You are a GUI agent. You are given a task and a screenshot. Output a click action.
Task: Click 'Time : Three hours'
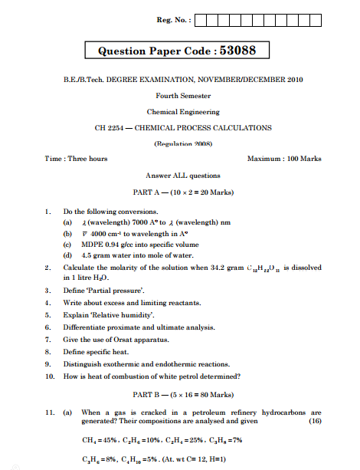tap(77, 159)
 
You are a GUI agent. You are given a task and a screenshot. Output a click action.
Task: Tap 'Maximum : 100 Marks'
tap(284, 159)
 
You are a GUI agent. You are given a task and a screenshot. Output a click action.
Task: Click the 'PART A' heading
tap(152, 192)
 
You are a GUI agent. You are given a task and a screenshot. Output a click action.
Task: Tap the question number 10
tap(48, 376)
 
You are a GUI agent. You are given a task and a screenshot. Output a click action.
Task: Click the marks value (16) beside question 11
tap(314, 421)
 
